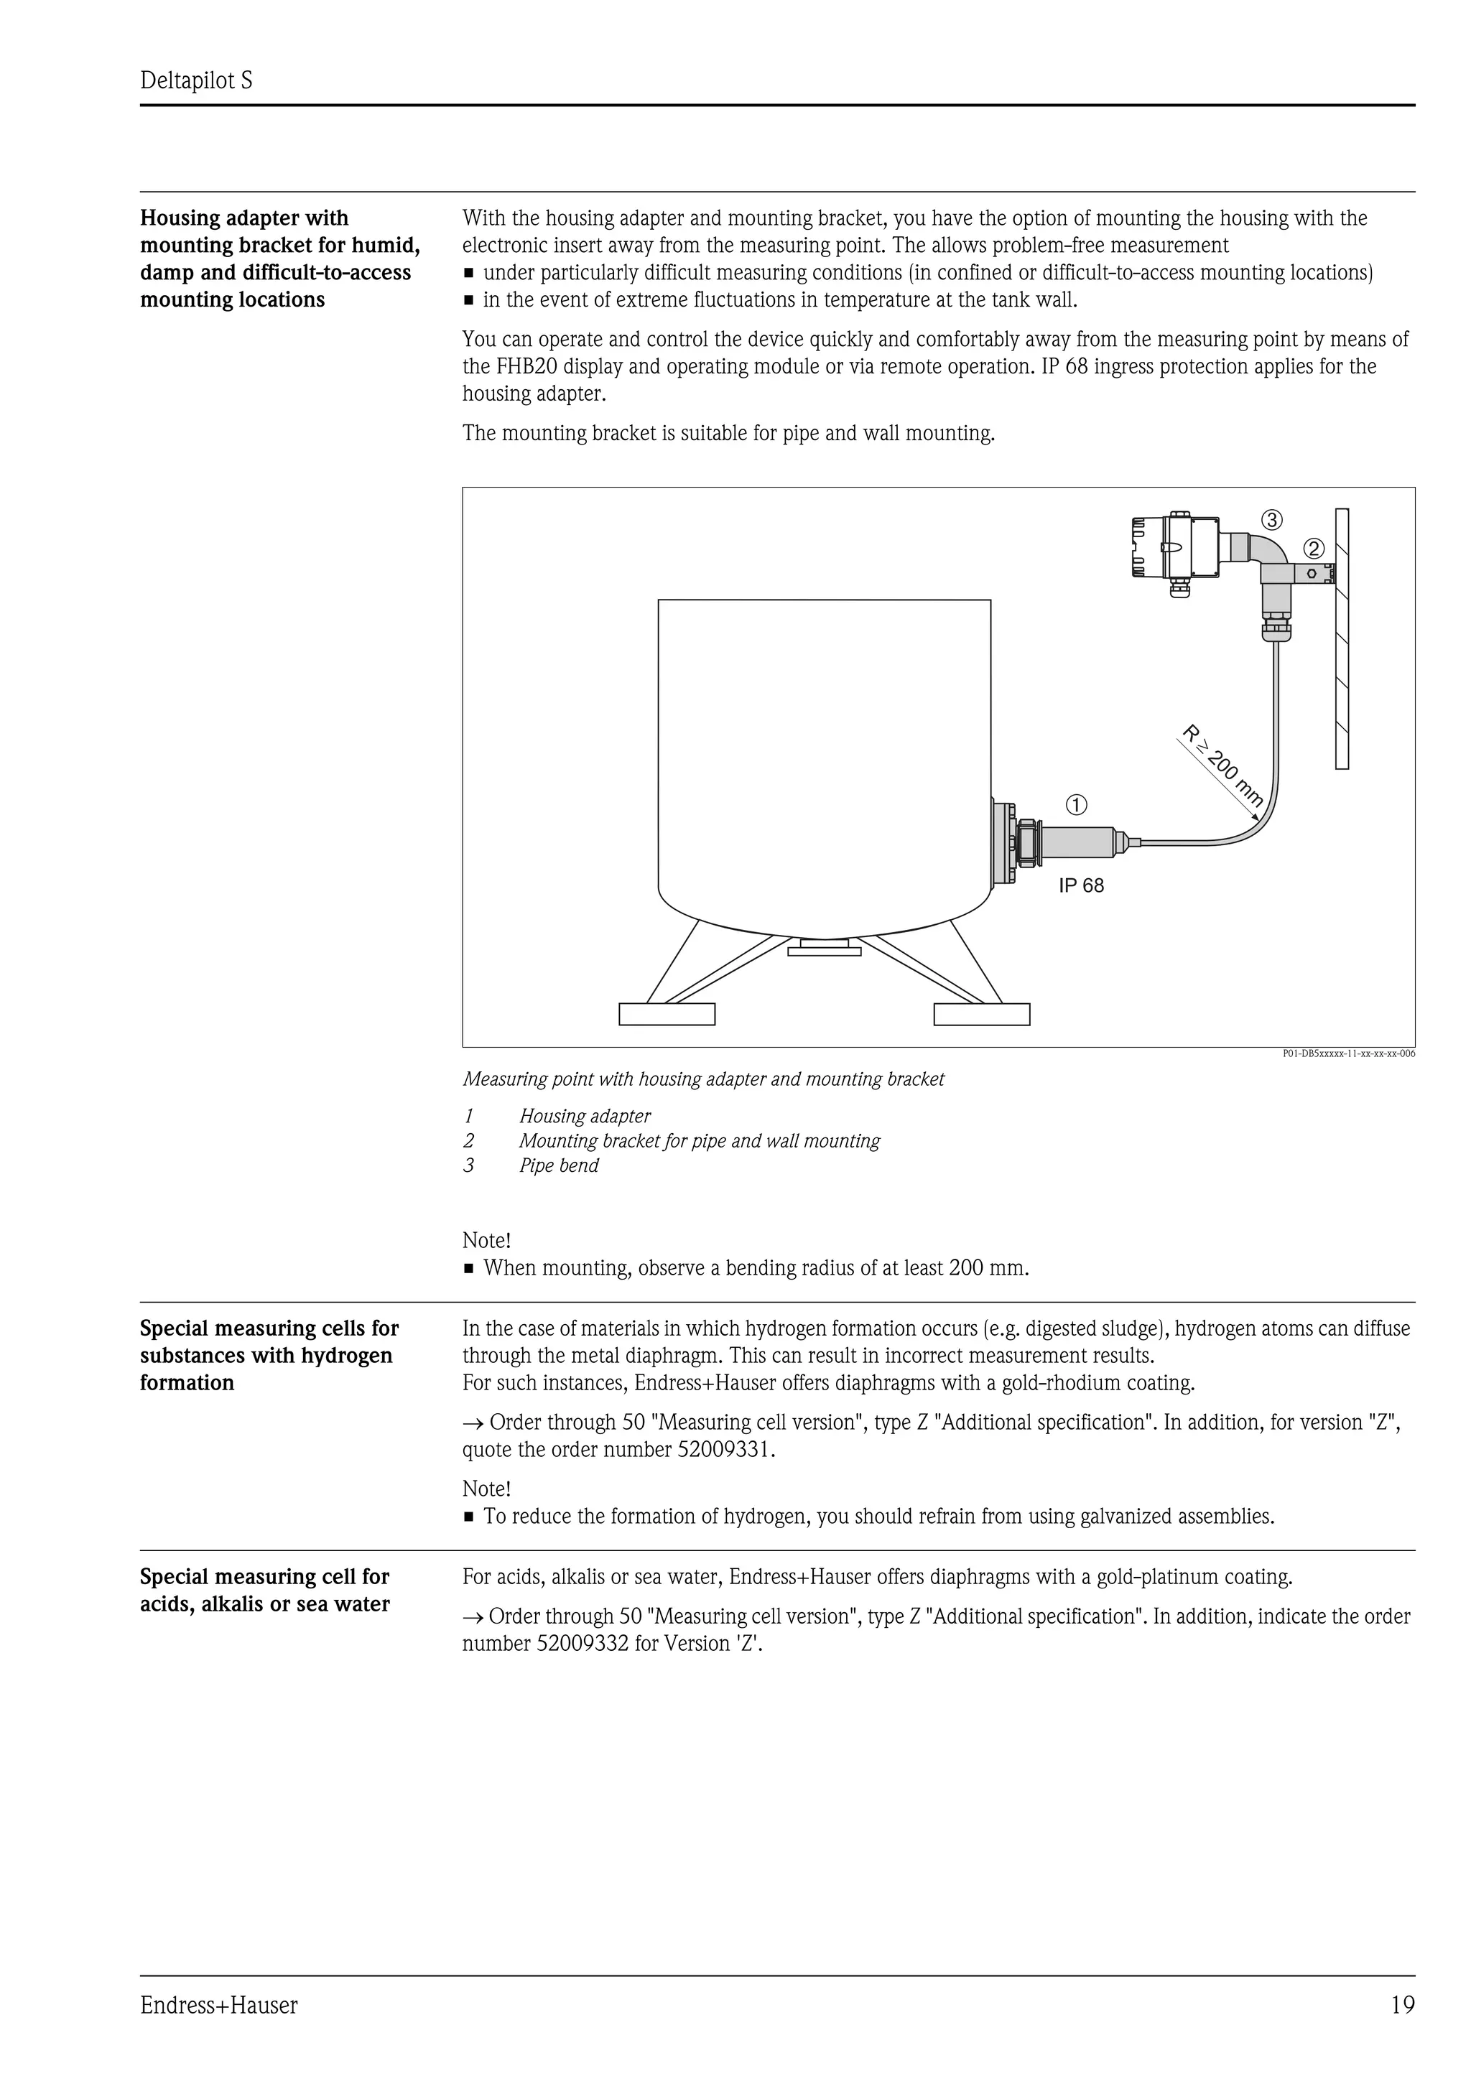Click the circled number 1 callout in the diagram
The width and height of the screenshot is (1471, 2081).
(x=1076, y=804)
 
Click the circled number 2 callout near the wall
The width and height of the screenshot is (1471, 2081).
(x=1313, y=549)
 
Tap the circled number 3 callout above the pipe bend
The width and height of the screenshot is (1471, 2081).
(x=1271, y=519)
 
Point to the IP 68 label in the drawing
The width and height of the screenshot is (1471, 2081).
(x=1081, y=885)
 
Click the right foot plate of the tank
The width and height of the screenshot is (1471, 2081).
(x=982, y=1013)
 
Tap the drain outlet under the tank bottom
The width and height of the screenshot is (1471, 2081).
(x=824, y=948)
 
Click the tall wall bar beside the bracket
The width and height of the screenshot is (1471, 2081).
(x=1342, y=639)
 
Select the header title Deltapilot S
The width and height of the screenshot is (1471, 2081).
(x=196, y=82)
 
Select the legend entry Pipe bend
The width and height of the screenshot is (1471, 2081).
(x=558, y=1165)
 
